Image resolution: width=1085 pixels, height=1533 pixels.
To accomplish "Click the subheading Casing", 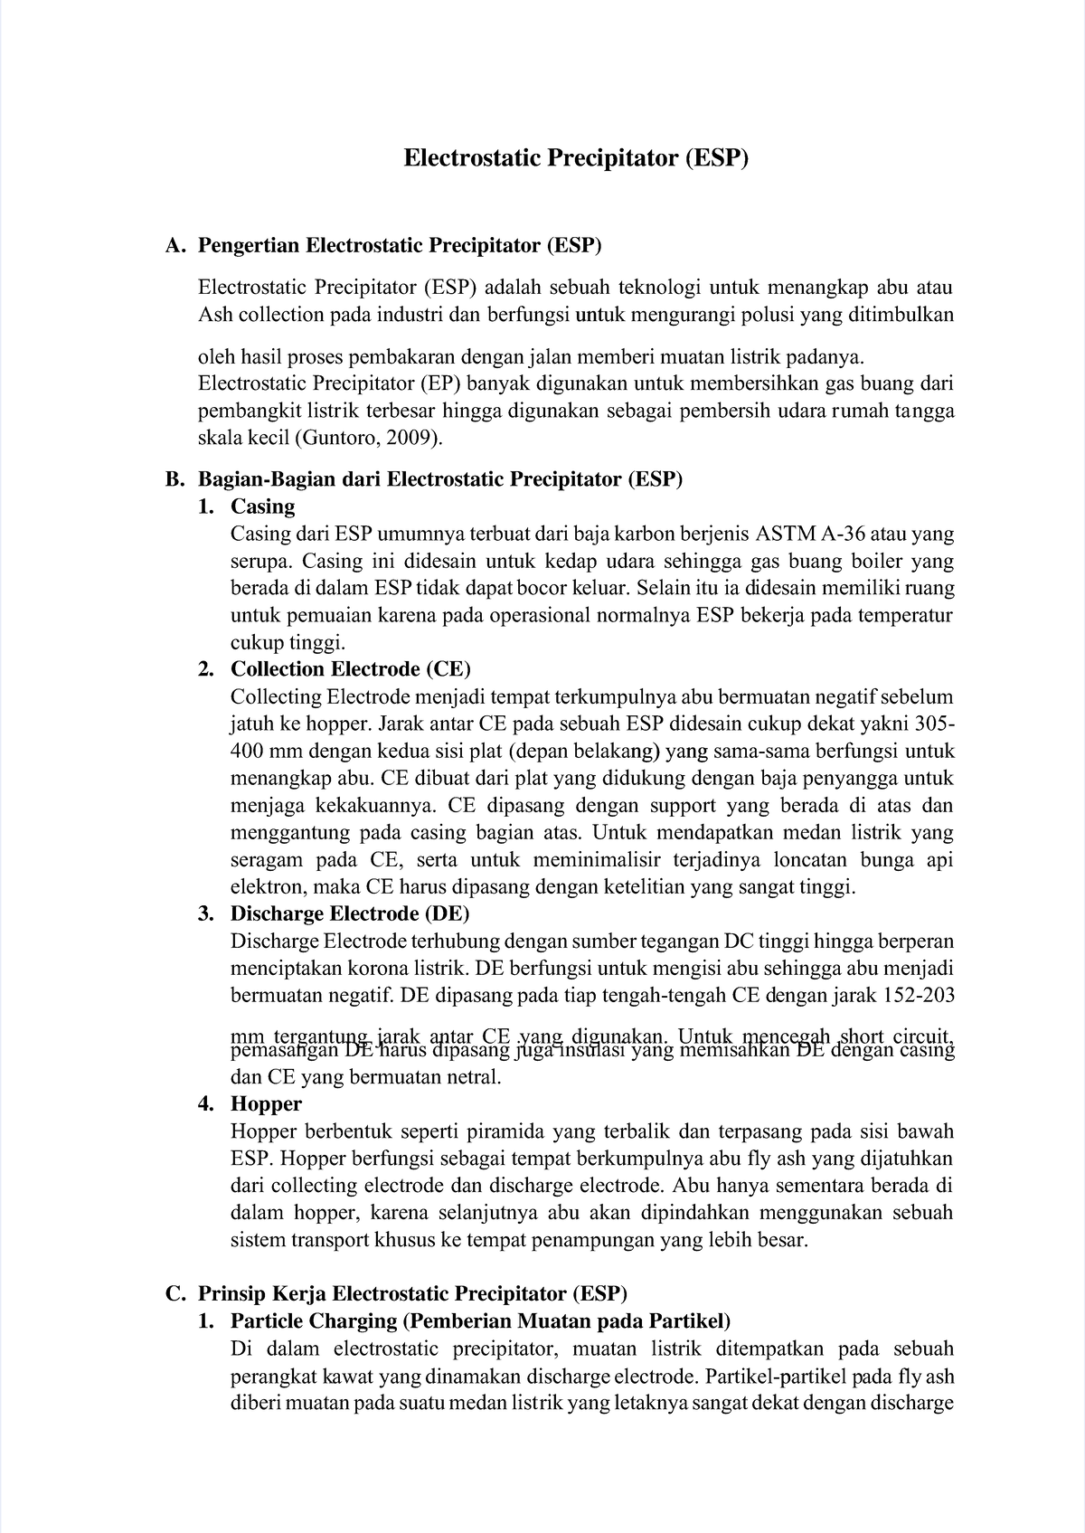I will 262,506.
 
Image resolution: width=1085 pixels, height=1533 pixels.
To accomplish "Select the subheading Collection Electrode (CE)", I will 351,669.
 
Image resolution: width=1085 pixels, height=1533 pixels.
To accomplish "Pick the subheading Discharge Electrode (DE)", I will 350,913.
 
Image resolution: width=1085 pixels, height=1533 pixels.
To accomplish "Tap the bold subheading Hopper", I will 266,1103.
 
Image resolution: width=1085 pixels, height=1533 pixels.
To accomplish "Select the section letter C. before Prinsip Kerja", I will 176,1293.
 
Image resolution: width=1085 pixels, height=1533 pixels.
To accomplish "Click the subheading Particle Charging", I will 314,1320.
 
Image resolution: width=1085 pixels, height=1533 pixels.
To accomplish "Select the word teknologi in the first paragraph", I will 659,288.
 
